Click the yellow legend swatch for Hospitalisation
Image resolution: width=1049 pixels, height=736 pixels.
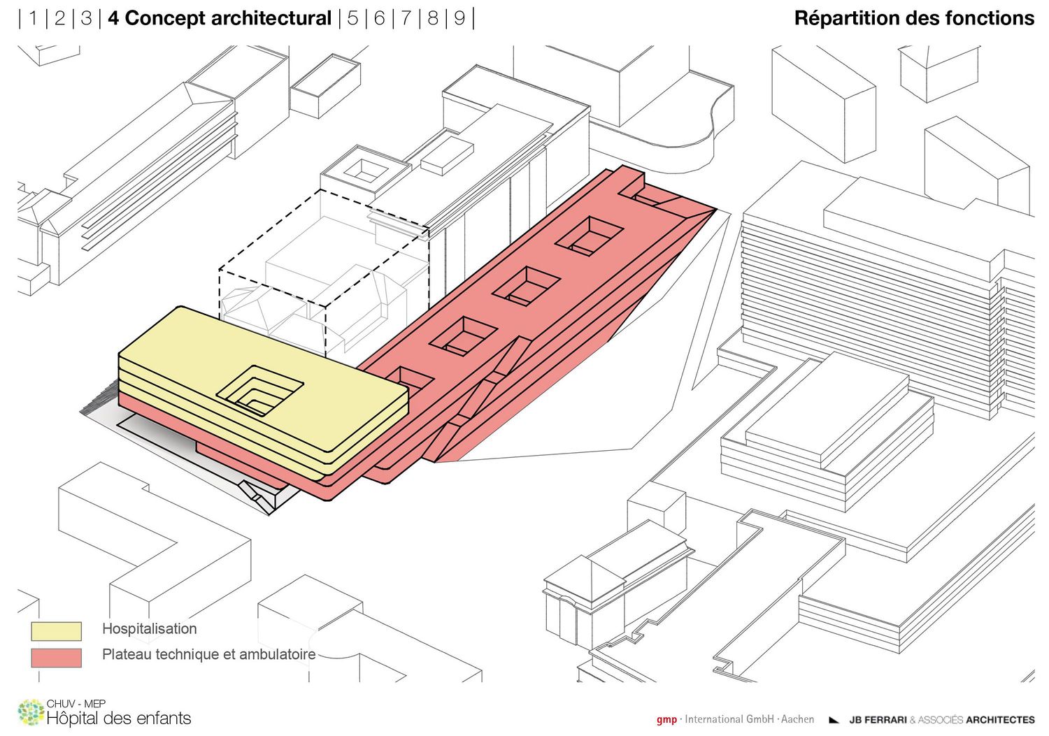[56, 631]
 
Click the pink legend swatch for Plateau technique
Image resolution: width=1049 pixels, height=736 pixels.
[56, 657]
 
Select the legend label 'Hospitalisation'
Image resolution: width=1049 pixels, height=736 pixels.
[150, 629]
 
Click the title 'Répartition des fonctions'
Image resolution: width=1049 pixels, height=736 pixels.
[914, 18]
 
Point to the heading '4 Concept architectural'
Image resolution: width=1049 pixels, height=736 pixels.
[220, 18]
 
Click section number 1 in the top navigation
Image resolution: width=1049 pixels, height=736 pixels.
[34, 18]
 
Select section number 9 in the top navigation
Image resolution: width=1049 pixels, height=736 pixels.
[459, 18]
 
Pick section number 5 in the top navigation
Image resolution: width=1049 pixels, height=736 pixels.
[352, 18]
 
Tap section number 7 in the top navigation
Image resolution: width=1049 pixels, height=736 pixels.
[406, 18]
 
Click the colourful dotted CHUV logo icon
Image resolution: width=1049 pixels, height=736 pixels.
[31, 713]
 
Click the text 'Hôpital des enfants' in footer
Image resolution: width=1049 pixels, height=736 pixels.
[119, 719]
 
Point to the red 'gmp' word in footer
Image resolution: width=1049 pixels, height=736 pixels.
[666, 720]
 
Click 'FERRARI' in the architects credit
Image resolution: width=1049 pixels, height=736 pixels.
[884, 720]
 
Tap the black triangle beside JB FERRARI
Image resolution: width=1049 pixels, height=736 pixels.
[834, 720]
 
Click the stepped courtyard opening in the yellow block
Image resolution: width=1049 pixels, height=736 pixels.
[259, 390]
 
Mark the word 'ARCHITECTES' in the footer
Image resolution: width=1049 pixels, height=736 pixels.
[1000, 720]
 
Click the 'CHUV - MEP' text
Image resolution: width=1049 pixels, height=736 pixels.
[76, 703]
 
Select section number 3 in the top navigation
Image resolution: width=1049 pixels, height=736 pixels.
[86, 18]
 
